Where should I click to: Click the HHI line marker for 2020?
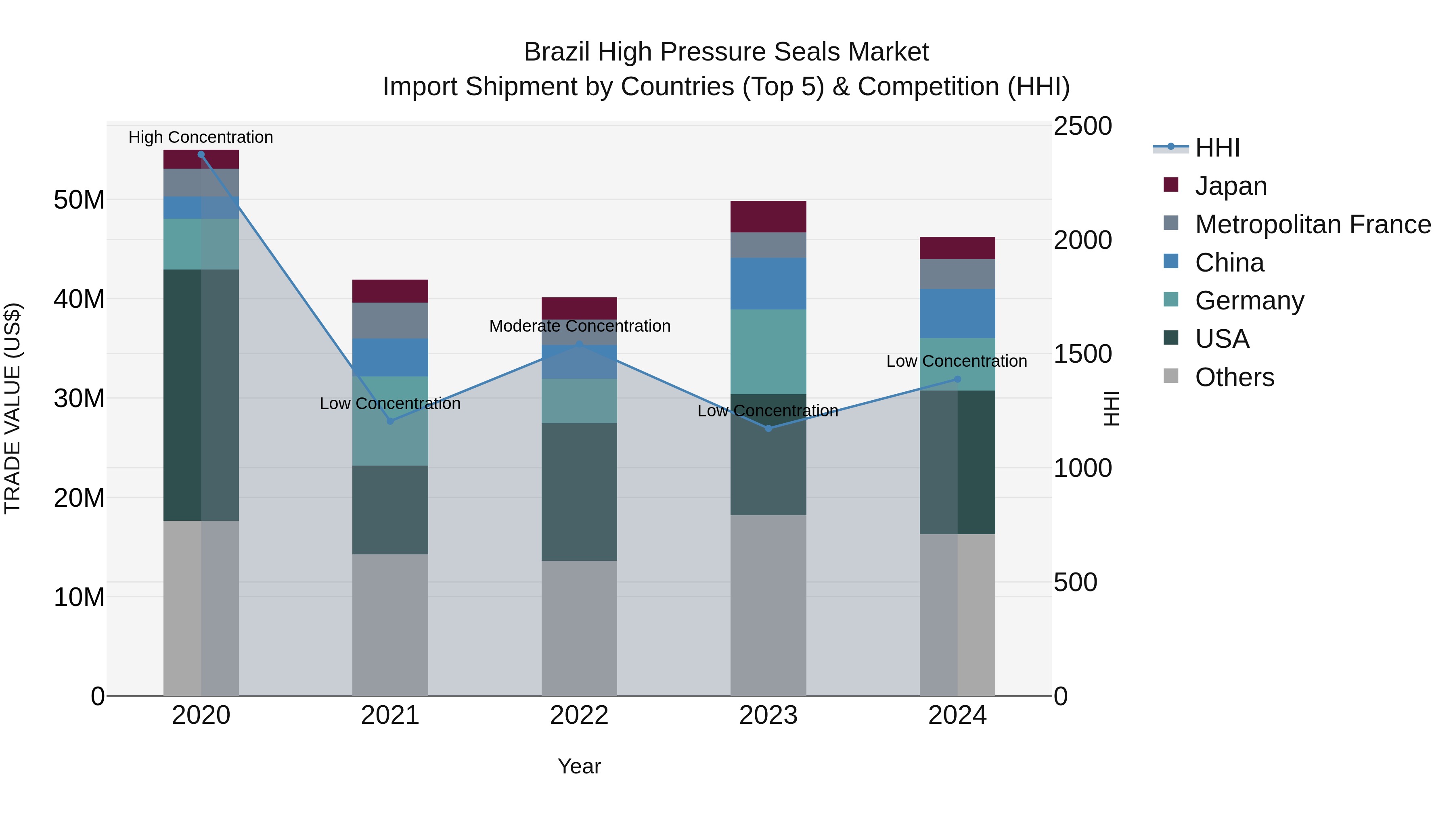(x=201, y=155)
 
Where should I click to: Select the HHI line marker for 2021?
(x=390, y=421)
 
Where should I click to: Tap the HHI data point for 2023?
(x=768, y=428)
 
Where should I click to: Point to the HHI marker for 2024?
(x=957, y=380)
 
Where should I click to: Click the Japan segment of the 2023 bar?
(x=768, y=217)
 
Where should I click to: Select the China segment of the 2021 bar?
(x=390, y=357)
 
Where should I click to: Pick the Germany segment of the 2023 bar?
(x=768, y=351)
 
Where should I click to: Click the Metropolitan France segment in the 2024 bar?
(x=957, y=274)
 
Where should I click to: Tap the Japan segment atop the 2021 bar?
(x=390, y=291)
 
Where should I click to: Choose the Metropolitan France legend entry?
(x=1313, y=224)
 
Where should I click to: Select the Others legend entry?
(x=1234, y=377)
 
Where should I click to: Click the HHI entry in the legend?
(x=1217, y=148)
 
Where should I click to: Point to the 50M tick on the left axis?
(x=79, y=200)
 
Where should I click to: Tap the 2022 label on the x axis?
(x=579, y=715)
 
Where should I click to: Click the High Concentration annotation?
(x=201, y=137)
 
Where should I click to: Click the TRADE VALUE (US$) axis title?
(x=13, y=408)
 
